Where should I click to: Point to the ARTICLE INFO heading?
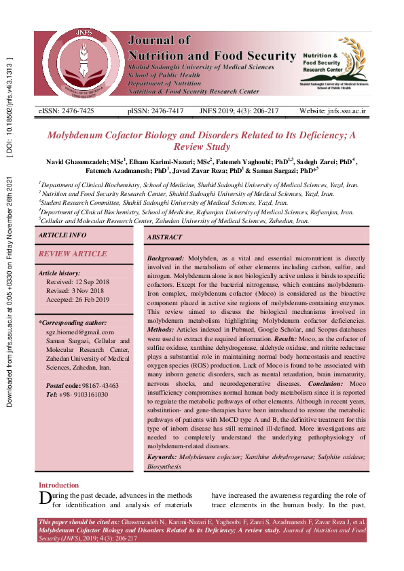pyautogui.click(x=62, y=235)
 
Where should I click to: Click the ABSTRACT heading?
pyautogui.click(x=165, y=237)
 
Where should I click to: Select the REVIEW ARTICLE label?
pyautogui.click(x=73, y=254)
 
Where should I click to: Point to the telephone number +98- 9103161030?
pyautogui.click(x=84, y=394)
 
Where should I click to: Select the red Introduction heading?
pyautogui.click(x=58, y=485)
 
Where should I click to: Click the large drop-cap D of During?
pyautogui.click(x=45, y=499)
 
